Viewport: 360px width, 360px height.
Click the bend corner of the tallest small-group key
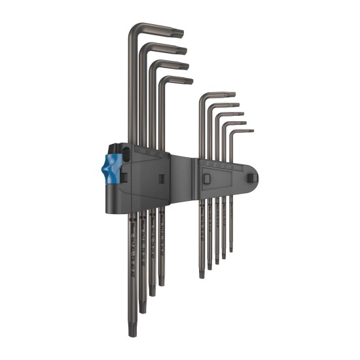click(202, 97)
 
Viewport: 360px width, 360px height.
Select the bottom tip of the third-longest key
click(152, 293)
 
